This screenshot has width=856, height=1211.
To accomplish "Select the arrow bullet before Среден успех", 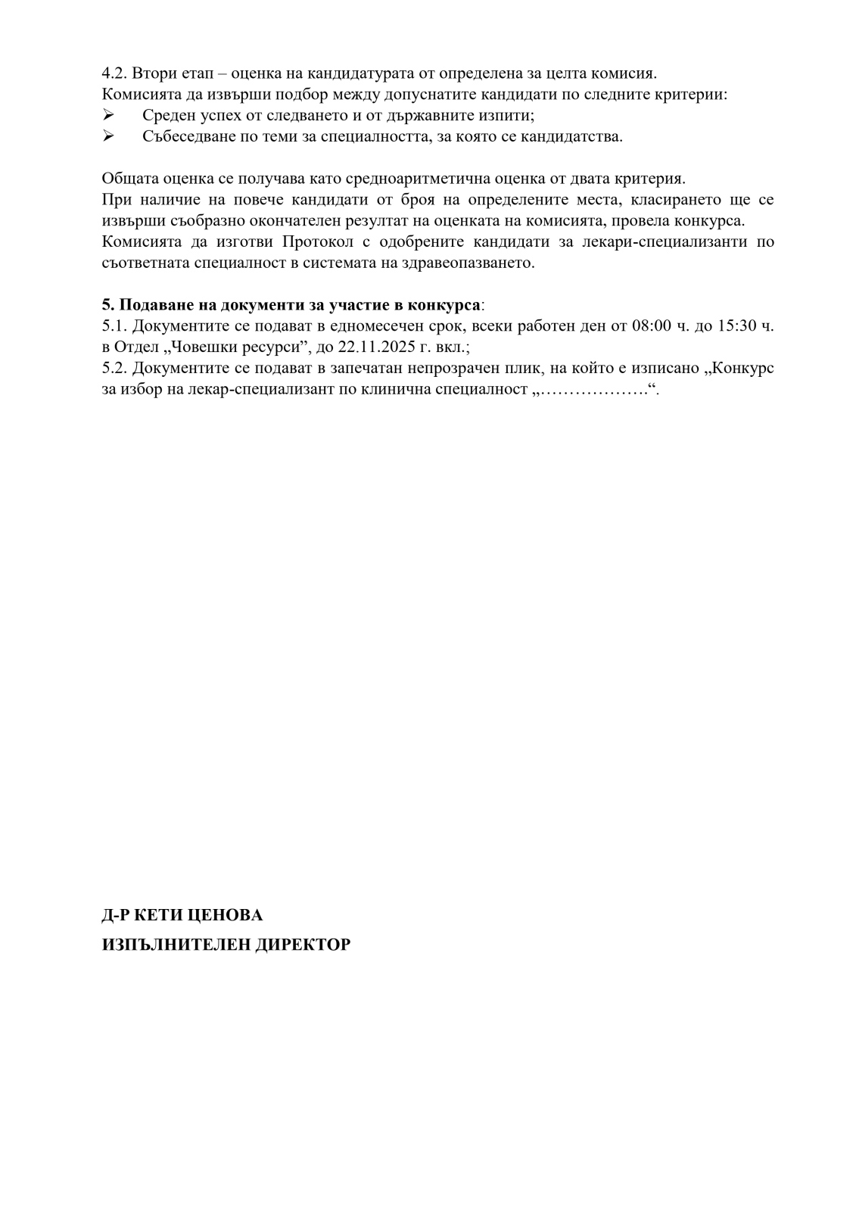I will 107,116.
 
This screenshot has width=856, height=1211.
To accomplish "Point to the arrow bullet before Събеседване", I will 107,137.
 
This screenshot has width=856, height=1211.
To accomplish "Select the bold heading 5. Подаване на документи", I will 291,305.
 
